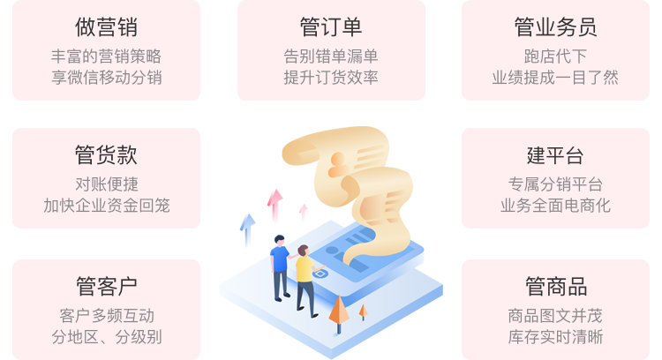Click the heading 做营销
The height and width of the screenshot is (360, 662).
[x=106, y=27]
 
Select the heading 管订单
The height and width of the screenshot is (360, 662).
[x=331, y=27]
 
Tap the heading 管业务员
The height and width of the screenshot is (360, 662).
[x=555, y=27]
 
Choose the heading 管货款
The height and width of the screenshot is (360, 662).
[x=106, y=156]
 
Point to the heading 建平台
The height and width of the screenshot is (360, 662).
[x=555, y=156]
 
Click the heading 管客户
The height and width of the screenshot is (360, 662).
[x=106, y=287]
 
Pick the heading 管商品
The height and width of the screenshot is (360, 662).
[x=555, y=287]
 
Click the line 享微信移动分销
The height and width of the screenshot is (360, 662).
[x=106, y=77]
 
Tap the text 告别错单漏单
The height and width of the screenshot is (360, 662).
[x=331, y=56]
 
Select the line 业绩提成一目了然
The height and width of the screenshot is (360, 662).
[x=555, y=77]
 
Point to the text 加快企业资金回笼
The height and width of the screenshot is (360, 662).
[x=106, y=206]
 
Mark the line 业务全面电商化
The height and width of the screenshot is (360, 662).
[x=555, y=206]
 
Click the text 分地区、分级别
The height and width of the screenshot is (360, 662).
[x=106, y=336]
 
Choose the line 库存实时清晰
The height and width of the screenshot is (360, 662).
[x=555, y=336]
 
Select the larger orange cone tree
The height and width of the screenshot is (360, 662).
[x=339, y=311]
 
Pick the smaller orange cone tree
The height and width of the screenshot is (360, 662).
[x=363, y=311]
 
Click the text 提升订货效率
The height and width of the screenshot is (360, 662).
[x=331, y=77]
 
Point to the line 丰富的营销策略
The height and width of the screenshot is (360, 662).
[x=106, y=56]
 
